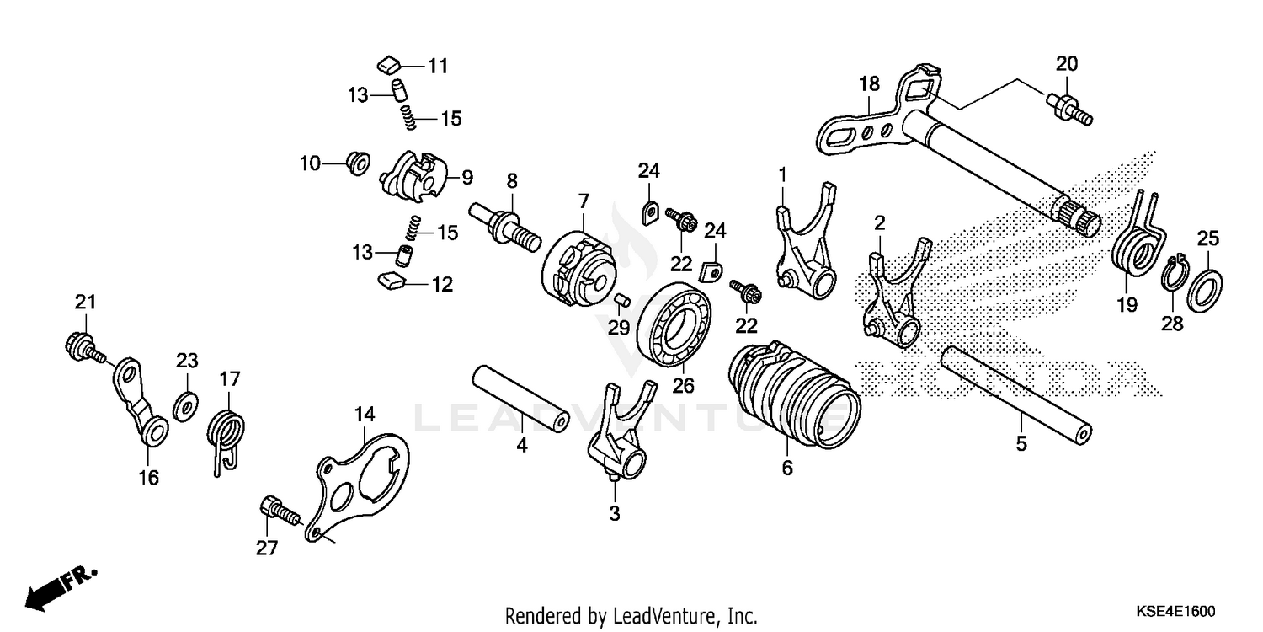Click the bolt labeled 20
[x=1068, y=110]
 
